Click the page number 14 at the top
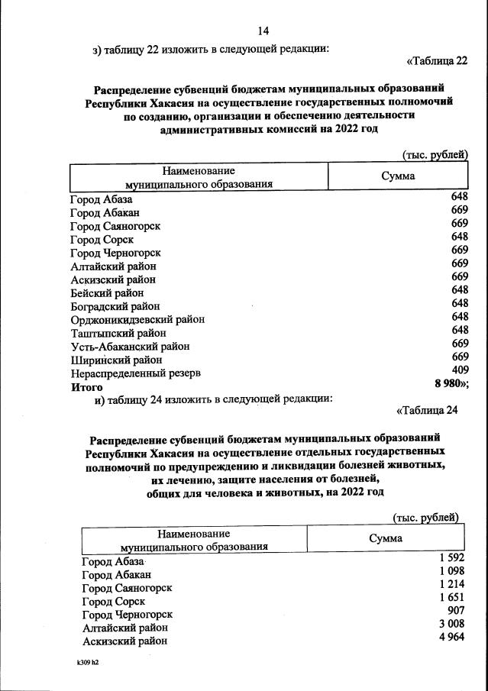pyautogui.click(x=263, y=31)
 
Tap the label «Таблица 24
pyautogui.click(x=427, y=411)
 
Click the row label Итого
pyautogui.click(x=86, y=387)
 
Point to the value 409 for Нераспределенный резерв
pyautogui.click(x=459, y=370)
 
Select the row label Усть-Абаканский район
pyautogui.click(x=130, y=346)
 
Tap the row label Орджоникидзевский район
pyautogui.click(x=137, y=319)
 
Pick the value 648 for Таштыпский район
pyautogui.click(x=459, y=330)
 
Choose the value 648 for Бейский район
pyautogui.click(x=459, y=290)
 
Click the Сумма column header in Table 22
pyautogui.click(x=398, y=176)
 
